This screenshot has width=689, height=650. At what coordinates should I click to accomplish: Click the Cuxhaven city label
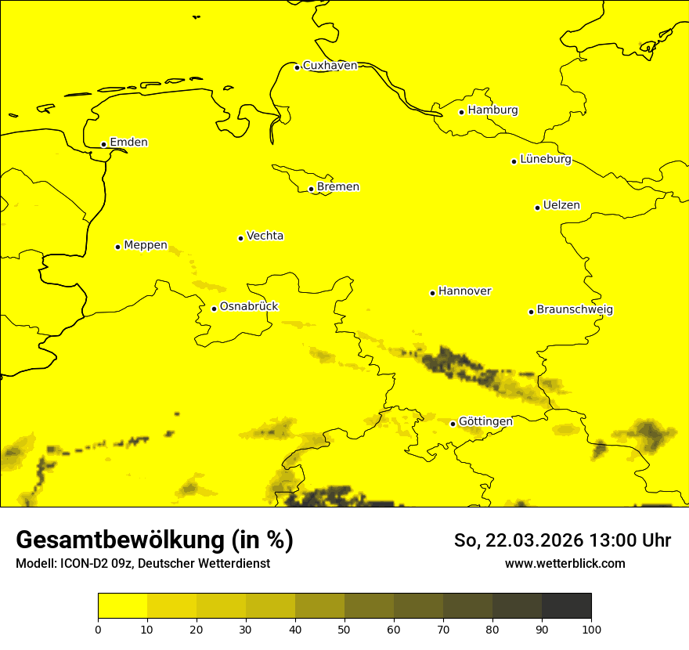[330, 66]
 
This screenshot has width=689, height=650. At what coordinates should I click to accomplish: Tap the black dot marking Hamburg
[462, 112]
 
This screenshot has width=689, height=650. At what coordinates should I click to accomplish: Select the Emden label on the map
[128, 143]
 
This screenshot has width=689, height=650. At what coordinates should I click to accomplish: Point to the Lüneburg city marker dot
[514, 161]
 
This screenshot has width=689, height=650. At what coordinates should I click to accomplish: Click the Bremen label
[338, 187]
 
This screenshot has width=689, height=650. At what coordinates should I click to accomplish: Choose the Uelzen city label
[561, 206]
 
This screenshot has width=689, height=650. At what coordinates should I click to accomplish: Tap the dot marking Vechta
[240, 238]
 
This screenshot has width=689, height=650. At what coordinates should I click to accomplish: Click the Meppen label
[146, 245]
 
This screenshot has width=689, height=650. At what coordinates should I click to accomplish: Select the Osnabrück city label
[249, 307]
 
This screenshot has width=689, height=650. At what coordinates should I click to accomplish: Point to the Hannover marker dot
[432, 294]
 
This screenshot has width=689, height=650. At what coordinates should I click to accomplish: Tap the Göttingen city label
[485, 422]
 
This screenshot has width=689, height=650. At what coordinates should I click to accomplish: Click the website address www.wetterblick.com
[565, 564]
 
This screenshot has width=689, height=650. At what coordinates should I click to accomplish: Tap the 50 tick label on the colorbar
[344, 629]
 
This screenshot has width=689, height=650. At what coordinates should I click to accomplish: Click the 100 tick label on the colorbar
[591, 629]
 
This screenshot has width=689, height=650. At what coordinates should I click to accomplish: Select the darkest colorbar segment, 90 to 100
[566, 606]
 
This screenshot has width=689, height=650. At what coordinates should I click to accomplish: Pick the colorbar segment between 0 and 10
[122, 606]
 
